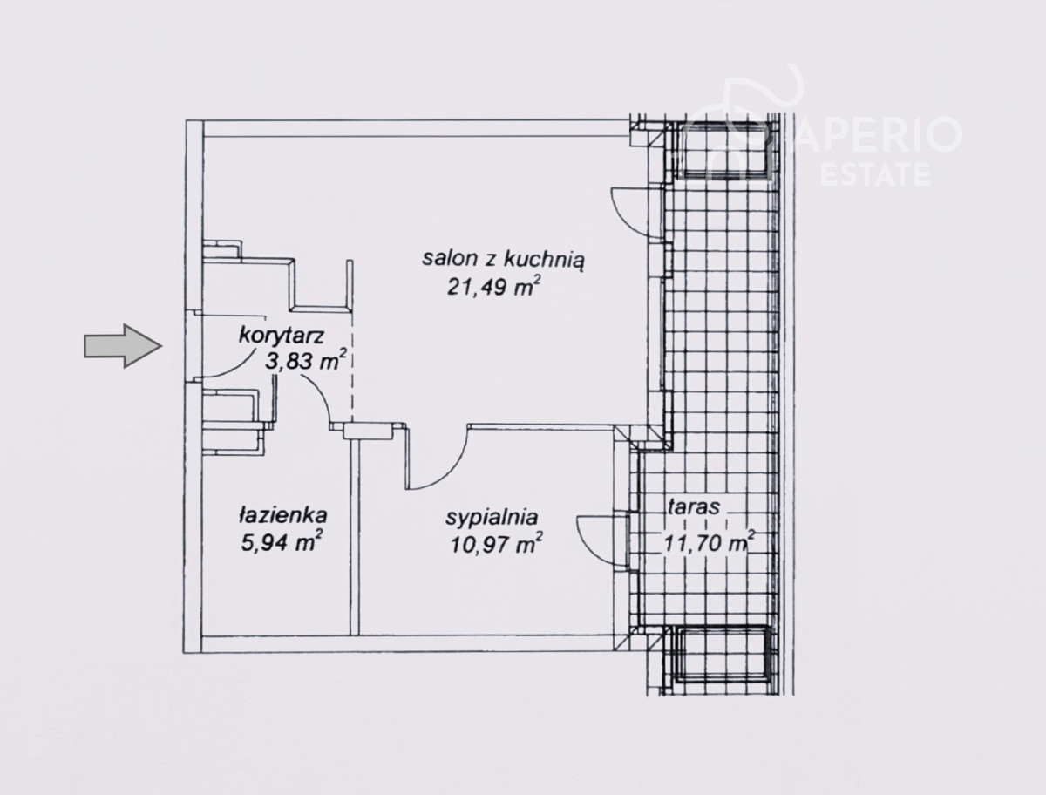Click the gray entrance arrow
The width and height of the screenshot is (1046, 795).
(x=123, y=346)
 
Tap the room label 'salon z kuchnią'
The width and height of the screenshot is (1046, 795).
(x=503, y=260)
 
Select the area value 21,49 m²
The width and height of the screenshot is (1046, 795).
(x=494, y=287)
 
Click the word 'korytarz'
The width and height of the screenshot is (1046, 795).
(x=282, y=336)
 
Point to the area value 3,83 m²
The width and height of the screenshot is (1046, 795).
(x=304, y=361)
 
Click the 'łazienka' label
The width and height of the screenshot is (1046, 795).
(x=283, y=516)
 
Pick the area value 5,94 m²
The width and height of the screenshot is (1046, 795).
(x=282, y=542)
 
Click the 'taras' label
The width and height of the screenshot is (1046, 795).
(x=693, y=506)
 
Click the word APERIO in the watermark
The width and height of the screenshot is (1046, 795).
(x=877, y=135)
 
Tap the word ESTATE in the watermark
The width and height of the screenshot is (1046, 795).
(x=875, y=174)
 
